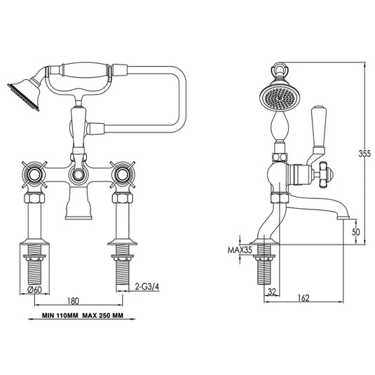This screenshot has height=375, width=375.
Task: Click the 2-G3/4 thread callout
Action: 146,286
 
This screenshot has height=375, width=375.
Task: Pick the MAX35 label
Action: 240,249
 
